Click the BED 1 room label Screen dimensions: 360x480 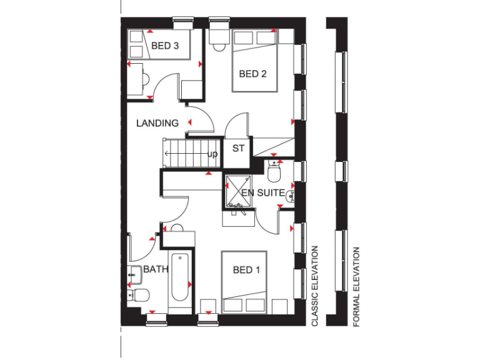[x=246, y=270]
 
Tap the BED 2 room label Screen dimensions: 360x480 [x=252, y=74]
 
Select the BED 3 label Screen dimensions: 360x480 [x=165, y=46]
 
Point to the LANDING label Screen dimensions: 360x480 [x=157, y=123]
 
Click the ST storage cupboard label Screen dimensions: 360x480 [x=238, y=149]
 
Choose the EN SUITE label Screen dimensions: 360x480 [x=263, y=192]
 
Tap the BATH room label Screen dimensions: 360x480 [x=156, y=270]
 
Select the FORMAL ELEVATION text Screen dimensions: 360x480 [x=356, y=287]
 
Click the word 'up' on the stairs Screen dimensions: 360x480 [x=212, y=154]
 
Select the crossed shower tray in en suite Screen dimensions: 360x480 [x=238, y=190]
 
